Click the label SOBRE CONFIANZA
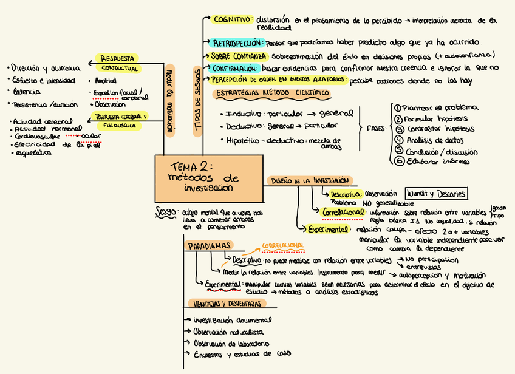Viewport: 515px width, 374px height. [x=239, y=56]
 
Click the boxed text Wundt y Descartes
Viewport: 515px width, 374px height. [x=436, y=194]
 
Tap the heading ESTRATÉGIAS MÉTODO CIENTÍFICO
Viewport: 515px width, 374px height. [x=273, y=93]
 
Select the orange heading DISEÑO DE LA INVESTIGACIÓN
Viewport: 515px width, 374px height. [x=309, y=181]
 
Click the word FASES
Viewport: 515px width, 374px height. [x=375, y=129]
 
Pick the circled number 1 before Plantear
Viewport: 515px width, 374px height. [x=398, y=107]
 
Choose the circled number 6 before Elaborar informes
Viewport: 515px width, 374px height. [x=399, y=161]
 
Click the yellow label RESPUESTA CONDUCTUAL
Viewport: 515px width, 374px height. [x=119, y=64]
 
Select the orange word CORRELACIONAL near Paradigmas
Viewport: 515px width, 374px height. [x=283, y=246]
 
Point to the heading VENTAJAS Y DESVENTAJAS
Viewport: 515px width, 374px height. [x=228, y=304]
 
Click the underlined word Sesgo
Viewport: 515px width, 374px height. [x=166, y=212]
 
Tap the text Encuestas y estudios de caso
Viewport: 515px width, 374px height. [x=242, y=354]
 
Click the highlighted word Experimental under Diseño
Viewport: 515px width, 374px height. [x=327, y=229]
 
